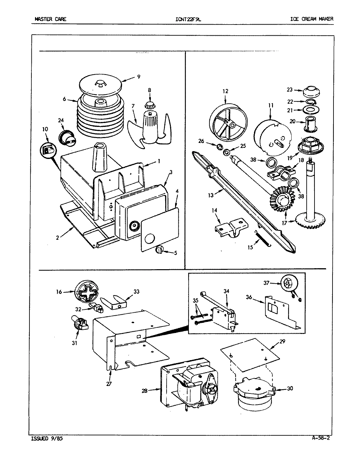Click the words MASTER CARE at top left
(50, 19)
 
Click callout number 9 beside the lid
(138, 77)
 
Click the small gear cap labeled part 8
(150, 105)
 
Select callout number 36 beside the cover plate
(249, 297)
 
